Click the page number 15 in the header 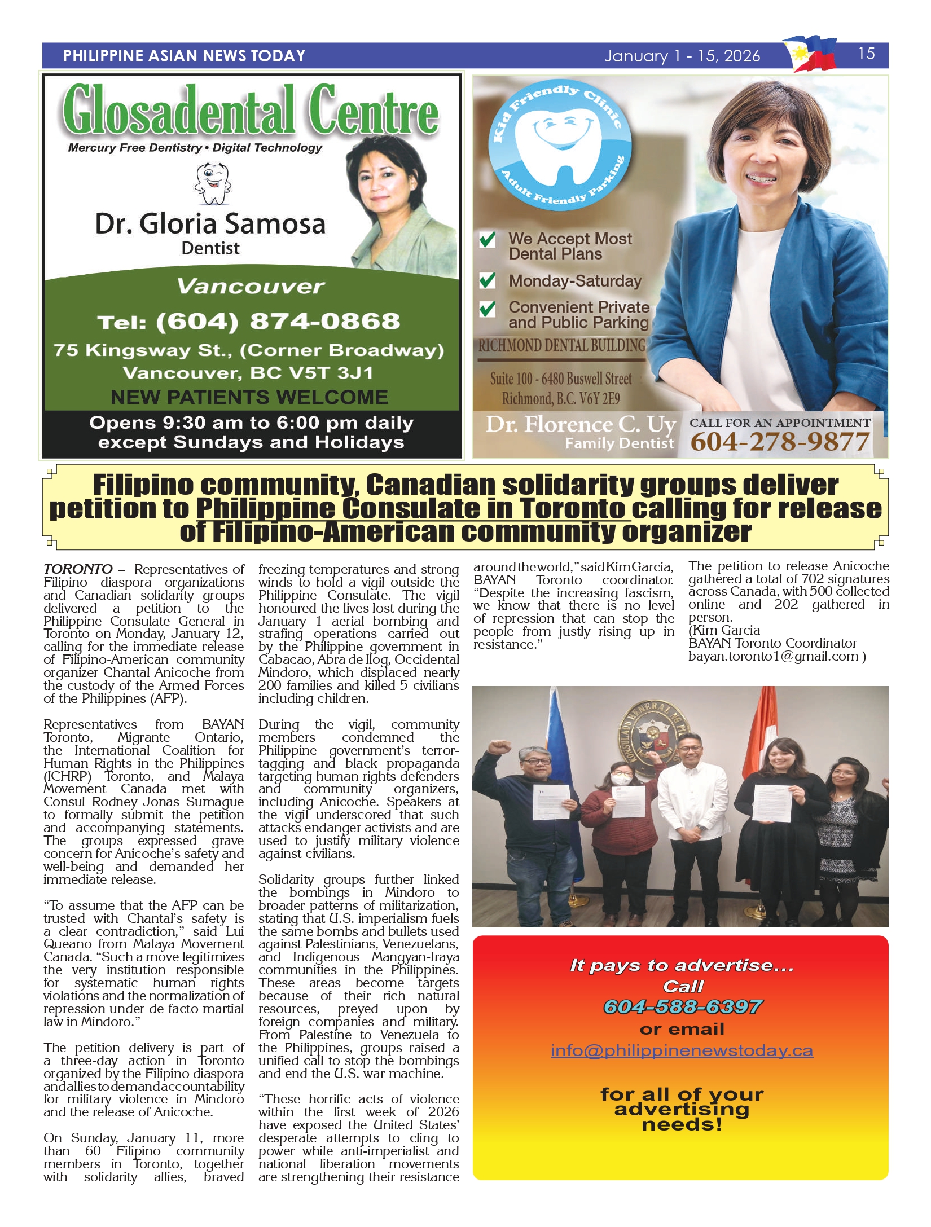click(866, 54)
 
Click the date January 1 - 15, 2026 click(682, 56)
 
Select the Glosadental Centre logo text click(251, 109)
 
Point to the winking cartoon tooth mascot click(213, 183)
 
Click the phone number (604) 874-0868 click(249, 322)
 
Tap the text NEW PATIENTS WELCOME click(249, 397)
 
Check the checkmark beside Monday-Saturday click(487, 280)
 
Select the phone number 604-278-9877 click(780, 442)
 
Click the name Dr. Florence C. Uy click(581, 424)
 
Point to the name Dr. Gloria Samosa click(210, 223)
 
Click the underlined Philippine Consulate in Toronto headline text click(412, 509)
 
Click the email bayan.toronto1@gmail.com click(773, 656)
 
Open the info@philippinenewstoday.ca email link click(682, 1050)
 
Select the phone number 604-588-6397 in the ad click(683, 1007)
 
